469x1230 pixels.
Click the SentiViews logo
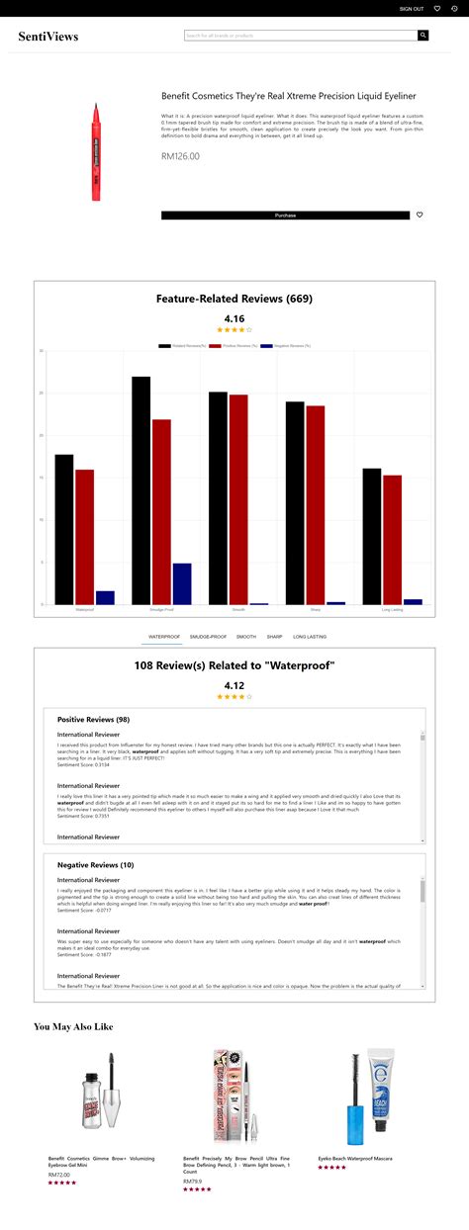47,37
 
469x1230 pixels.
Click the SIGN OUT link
411,9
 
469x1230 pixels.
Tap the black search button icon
423,36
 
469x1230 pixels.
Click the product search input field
301,36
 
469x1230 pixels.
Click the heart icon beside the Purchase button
420,215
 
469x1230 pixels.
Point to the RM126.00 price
180,156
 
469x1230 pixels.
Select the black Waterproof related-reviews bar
64,529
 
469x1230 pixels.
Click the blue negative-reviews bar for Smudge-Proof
182,583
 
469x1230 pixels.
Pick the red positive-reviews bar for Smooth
238,498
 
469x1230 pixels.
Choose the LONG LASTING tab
310,637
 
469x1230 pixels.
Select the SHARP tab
274,637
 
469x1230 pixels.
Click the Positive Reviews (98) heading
93,719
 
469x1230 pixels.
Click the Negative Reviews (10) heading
95,864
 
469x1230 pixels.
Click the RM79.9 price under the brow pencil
194,1181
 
